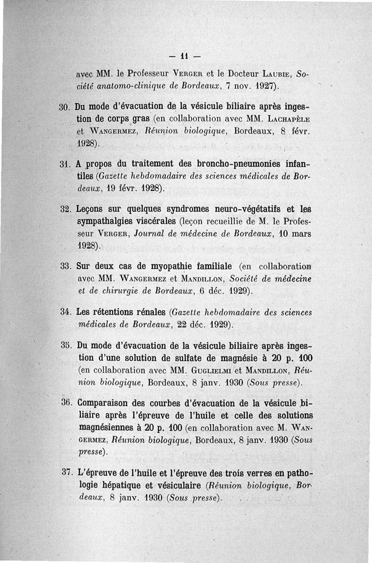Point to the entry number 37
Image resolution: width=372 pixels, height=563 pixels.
[x=65, y=473]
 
